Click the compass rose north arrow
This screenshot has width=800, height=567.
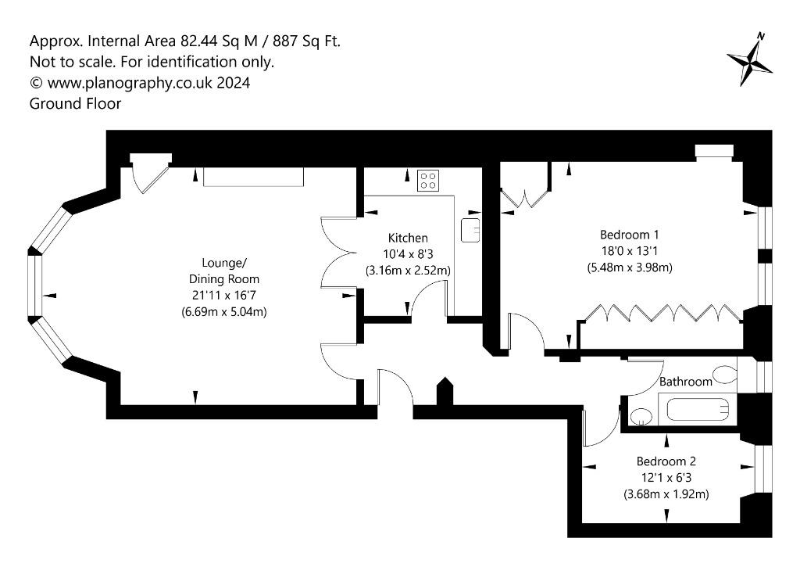(749, 60)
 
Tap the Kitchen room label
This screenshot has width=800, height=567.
(408, 238)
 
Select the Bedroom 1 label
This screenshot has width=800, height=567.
(629, 235)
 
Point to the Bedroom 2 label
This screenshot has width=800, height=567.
(666, 461)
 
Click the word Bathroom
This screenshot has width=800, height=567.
(685, 382)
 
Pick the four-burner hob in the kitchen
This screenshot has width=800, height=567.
(428, 181)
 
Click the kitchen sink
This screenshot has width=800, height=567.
(470, 230)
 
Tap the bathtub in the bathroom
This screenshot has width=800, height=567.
(698, 409)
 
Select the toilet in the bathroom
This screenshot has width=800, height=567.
(726, 375)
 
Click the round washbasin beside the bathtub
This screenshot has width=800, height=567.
(640, 416)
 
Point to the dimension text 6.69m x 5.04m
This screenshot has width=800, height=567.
(224, 311)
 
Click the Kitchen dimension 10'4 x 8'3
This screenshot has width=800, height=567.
(408, 254)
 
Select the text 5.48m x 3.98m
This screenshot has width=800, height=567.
(629, 267)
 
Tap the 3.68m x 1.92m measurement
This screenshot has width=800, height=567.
(666, 494)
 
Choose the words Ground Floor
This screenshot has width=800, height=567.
(75, 104)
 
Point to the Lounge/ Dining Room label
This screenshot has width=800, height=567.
(224, 271)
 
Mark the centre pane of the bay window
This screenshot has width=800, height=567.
(34, 286)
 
